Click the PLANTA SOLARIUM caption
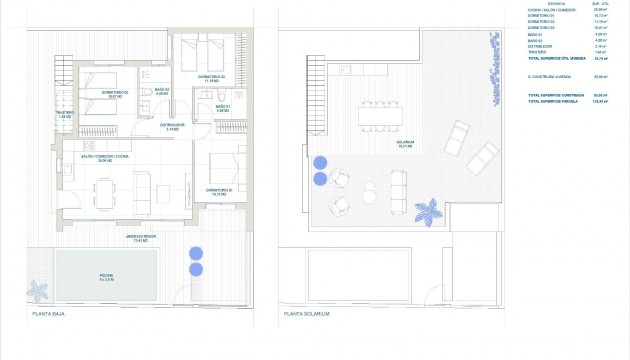[x=306, y=314]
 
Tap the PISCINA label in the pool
[x=105, y=277]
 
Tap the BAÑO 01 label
[x=223, y=108]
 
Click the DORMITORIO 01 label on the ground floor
[x=221, y=190]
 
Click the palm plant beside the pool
[x=39, y=292]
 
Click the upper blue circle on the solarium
[x=320, y=162]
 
